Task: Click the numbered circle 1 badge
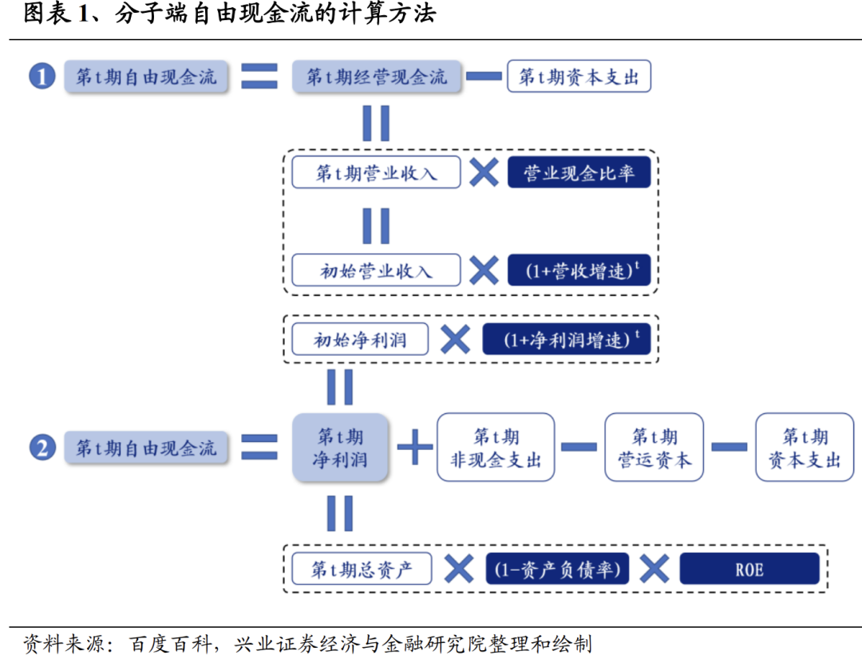42,77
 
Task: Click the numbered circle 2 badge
42,448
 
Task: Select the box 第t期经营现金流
376,77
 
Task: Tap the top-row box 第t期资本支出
579,77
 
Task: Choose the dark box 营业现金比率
579,172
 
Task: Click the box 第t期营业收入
376,172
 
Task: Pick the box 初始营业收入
376,270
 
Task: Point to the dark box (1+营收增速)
579,270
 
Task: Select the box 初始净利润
360,339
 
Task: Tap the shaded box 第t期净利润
340,448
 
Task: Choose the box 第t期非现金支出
496,448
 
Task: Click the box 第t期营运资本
654,448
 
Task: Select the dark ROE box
749,569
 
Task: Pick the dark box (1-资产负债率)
556,569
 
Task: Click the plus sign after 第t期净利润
415,448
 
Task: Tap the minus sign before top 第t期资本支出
484,77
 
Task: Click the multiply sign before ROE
654,569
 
